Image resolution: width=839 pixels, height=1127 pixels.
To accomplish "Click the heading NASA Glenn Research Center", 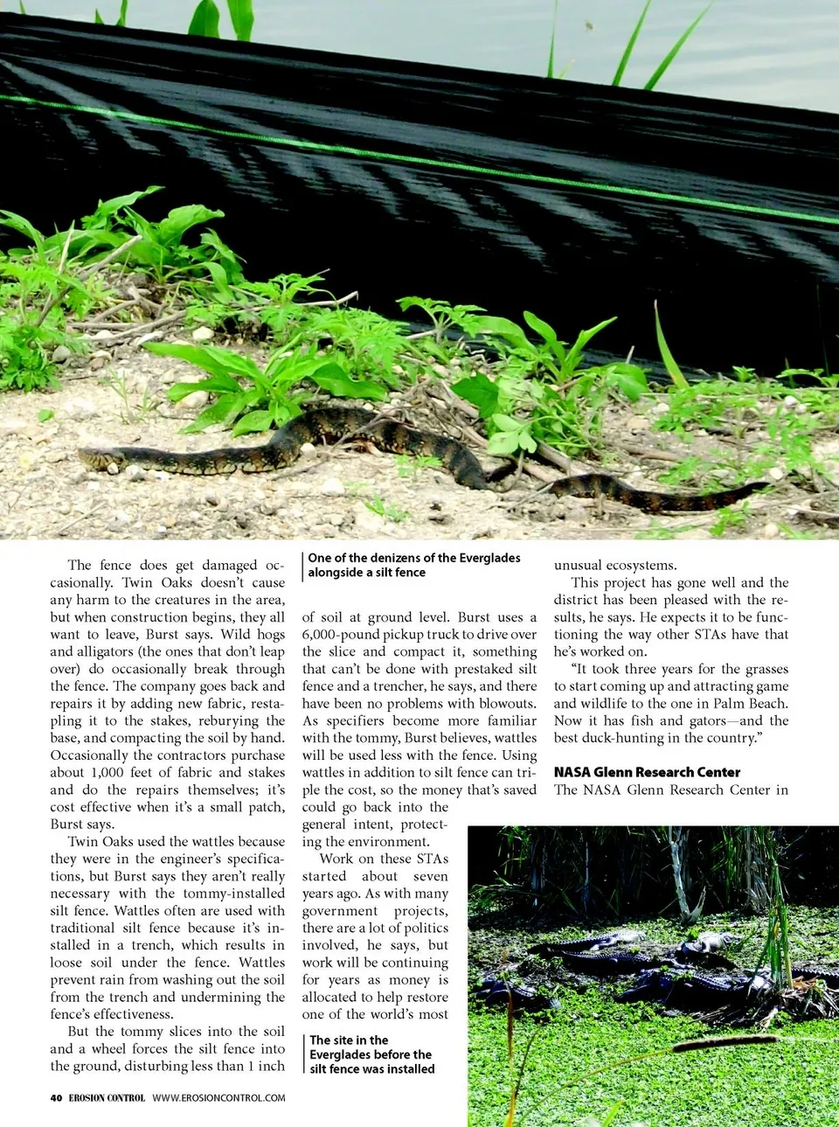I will pyautogui.click(x=647, y=772).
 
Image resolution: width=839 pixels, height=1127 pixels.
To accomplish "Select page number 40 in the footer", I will pyautogui.click(x=56, y=1097).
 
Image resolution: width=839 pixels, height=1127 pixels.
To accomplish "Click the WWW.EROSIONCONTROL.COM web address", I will pyautogui.click(x=218, y=1097).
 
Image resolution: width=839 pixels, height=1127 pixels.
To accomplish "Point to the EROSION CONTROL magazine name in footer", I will pyautogui.click(x=107, y=1097).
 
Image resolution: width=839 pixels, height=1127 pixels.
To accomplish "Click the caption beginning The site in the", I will pyautogui.click(x=371, y=1054).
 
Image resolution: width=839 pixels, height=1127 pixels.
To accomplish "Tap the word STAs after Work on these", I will pyautogui.click(x=432, y=859).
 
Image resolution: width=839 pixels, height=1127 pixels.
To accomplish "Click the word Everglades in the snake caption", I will pyautogui.click(x=479, y=558).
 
